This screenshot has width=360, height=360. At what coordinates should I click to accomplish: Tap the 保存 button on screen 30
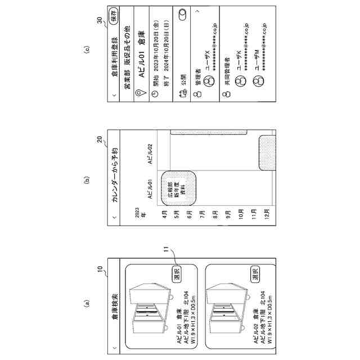pos(114,15)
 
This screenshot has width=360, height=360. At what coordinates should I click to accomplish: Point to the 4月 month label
pos(164,221)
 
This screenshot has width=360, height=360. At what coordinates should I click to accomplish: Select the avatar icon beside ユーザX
pos(208,80)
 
